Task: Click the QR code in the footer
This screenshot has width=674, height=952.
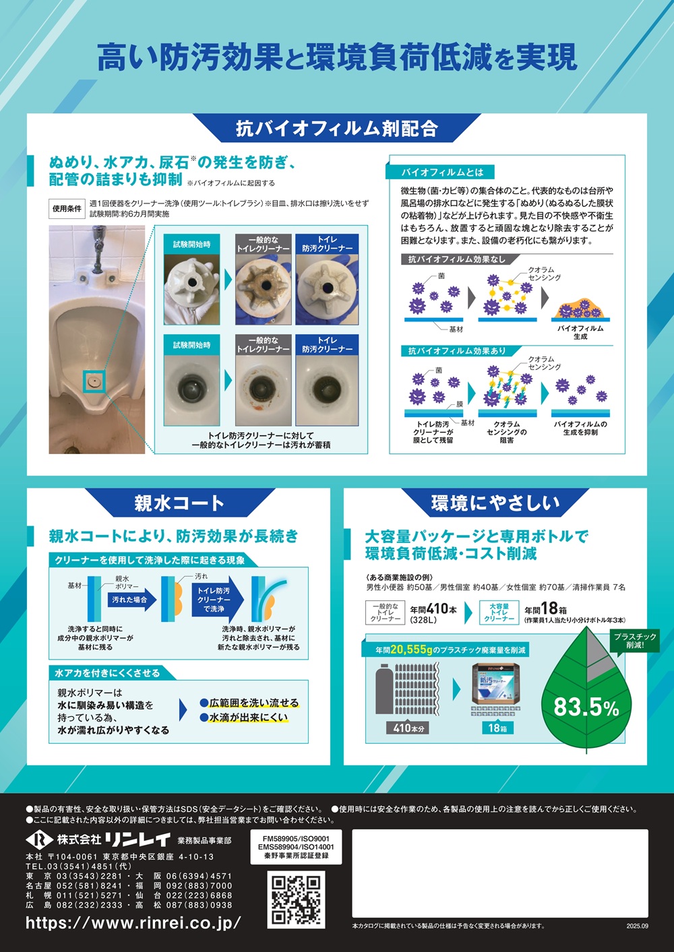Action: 296,899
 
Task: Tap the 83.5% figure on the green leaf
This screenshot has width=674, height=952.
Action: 586,707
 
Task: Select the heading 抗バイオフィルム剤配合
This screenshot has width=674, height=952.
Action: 337,128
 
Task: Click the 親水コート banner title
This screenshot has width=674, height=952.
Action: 179,503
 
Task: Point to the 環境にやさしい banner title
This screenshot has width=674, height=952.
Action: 495,503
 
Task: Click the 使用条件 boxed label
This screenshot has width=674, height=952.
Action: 67,209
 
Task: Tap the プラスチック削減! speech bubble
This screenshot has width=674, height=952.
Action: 635,641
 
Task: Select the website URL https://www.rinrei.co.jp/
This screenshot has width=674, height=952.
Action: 133,922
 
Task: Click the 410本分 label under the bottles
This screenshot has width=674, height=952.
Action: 408,728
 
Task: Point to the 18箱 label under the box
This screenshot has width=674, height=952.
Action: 497,728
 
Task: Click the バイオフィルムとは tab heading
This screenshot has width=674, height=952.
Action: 439,172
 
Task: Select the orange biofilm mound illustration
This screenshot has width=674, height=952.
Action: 580,309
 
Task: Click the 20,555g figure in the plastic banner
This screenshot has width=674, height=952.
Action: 411,649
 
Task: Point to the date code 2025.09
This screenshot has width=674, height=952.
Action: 637,938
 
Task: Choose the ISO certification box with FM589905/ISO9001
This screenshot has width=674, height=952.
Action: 296,847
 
